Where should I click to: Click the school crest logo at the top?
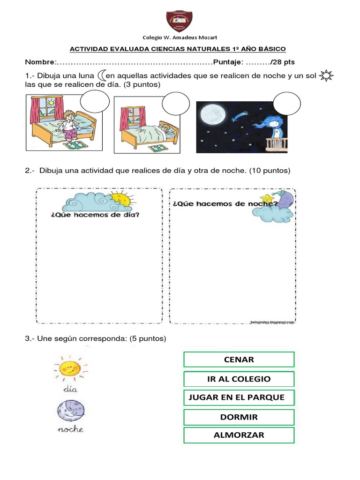point(180,21)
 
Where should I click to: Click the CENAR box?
point(239,360)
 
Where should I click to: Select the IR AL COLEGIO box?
point(239,379)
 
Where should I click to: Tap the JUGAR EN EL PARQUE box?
point(239,397)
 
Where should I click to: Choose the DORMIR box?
point(239,417)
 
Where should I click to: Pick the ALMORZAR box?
point(239,435)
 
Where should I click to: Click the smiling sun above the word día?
point(69,368)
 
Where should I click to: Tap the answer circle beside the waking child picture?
point(95,103)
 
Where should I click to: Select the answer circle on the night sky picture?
point(286,104)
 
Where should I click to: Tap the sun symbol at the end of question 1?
point(325,75)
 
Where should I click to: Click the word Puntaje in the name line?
point(228,62)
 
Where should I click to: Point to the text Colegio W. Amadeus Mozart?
point(180,37)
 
